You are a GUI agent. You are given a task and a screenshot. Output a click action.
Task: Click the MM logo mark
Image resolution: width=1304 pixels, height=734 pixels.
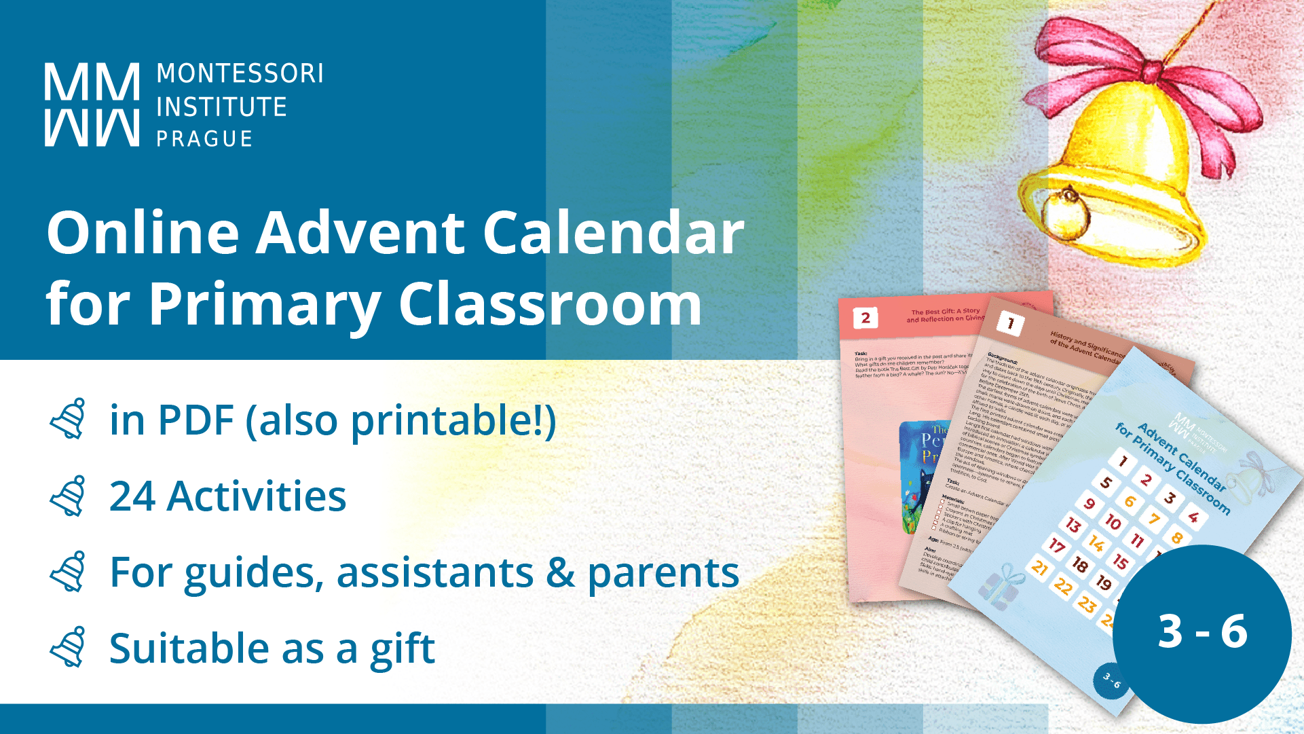point(92,105)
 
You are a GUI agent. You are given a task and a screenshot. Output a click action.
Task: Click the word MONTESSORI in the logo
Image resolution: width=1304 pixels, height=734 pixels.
point(240,73)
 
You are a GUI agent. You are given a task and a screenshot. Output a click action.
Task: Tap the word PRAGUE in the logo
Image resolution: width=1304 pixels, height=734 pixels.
point(204,139)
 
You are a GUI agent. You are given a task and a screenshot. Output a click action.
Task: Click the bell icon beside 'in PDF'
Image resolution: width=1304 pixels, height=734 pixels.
point(69,420)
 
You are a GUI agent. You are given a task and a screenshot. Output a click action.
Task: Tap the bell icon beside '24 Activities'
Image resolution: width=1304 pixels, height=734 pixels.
point(69,496)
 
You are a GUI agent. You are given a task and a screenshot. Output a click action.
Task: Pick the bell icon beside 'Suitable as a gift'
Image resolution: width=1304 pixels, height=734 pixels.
point(69,647)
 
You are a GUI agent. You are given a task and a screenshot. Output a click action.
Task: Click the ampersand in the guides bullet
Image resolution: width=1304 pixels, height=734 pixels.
point(561,572)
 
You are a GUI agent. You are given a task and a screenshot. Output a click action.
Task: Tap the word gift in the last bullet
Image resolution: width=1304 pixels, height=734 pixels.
point(402,648)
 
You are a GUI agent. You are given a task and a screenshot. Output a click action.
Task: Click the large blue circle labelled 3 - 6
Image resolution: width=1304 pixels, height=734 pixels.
point(1201,633)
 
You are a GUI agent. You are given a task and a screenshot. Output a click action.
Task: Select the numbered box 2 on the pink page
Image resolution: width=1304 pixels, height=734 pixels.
point(865,318)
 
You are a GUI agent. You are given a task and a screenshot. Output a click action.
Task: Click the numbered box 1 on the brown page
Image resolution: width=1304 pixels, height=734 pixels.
point(1010,323)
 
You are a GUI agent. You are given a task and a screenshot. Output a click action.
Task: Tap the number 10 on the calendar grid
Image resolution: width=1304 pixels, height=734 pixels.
point(1113,521)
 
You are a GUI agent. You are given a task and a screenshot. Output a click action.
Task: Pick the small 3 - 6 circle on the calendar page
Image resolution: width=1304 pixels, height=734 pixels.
point(1111,680)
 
